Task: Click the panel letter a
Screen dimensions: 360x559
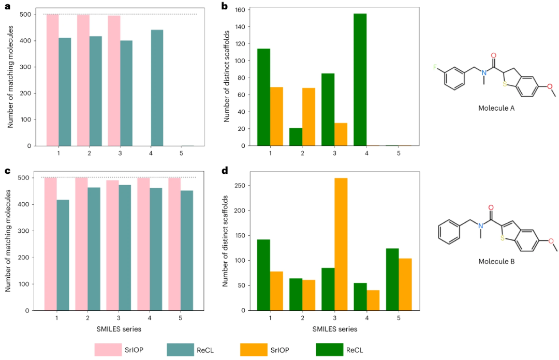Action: point(7,7)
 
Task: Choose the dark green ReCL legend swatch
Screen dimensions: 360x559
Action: point(329,350)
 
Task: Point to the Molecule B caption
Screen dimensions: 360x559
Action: point(497,262)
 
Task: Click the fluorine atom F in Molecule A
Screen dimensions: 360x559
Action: point(436,67)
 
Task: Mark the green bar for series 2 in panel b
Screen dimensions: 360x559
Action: point(296,137)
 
